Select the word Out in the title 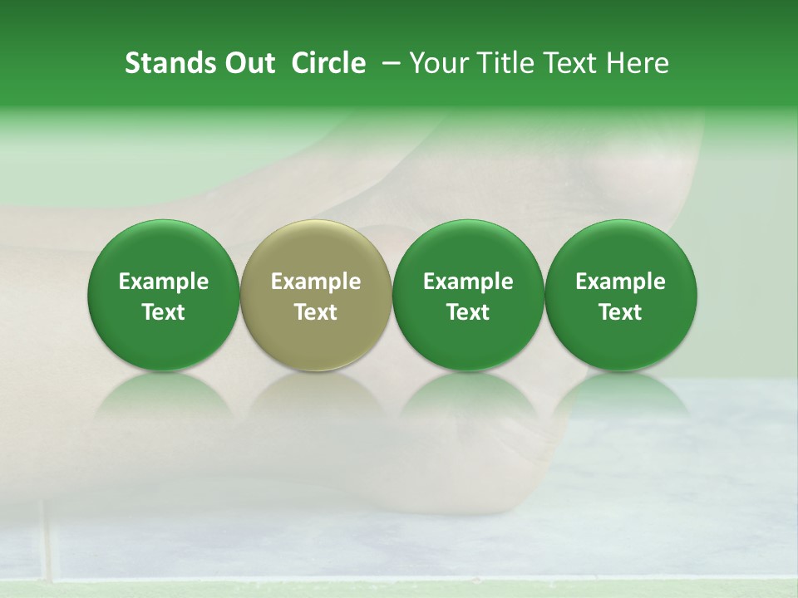pos(247,63)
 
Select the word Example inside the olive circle pos(316,282)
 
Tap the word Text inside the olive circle pos(316,312)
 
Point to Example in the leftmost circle pos(164,282)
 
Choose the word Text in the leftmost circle pos(164,312)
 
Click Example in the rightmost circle pos(621,282)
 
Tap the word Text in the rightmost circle pos(621,312)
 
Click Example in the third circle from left pos(468,282)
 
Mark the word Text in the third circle pos(468,312)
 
